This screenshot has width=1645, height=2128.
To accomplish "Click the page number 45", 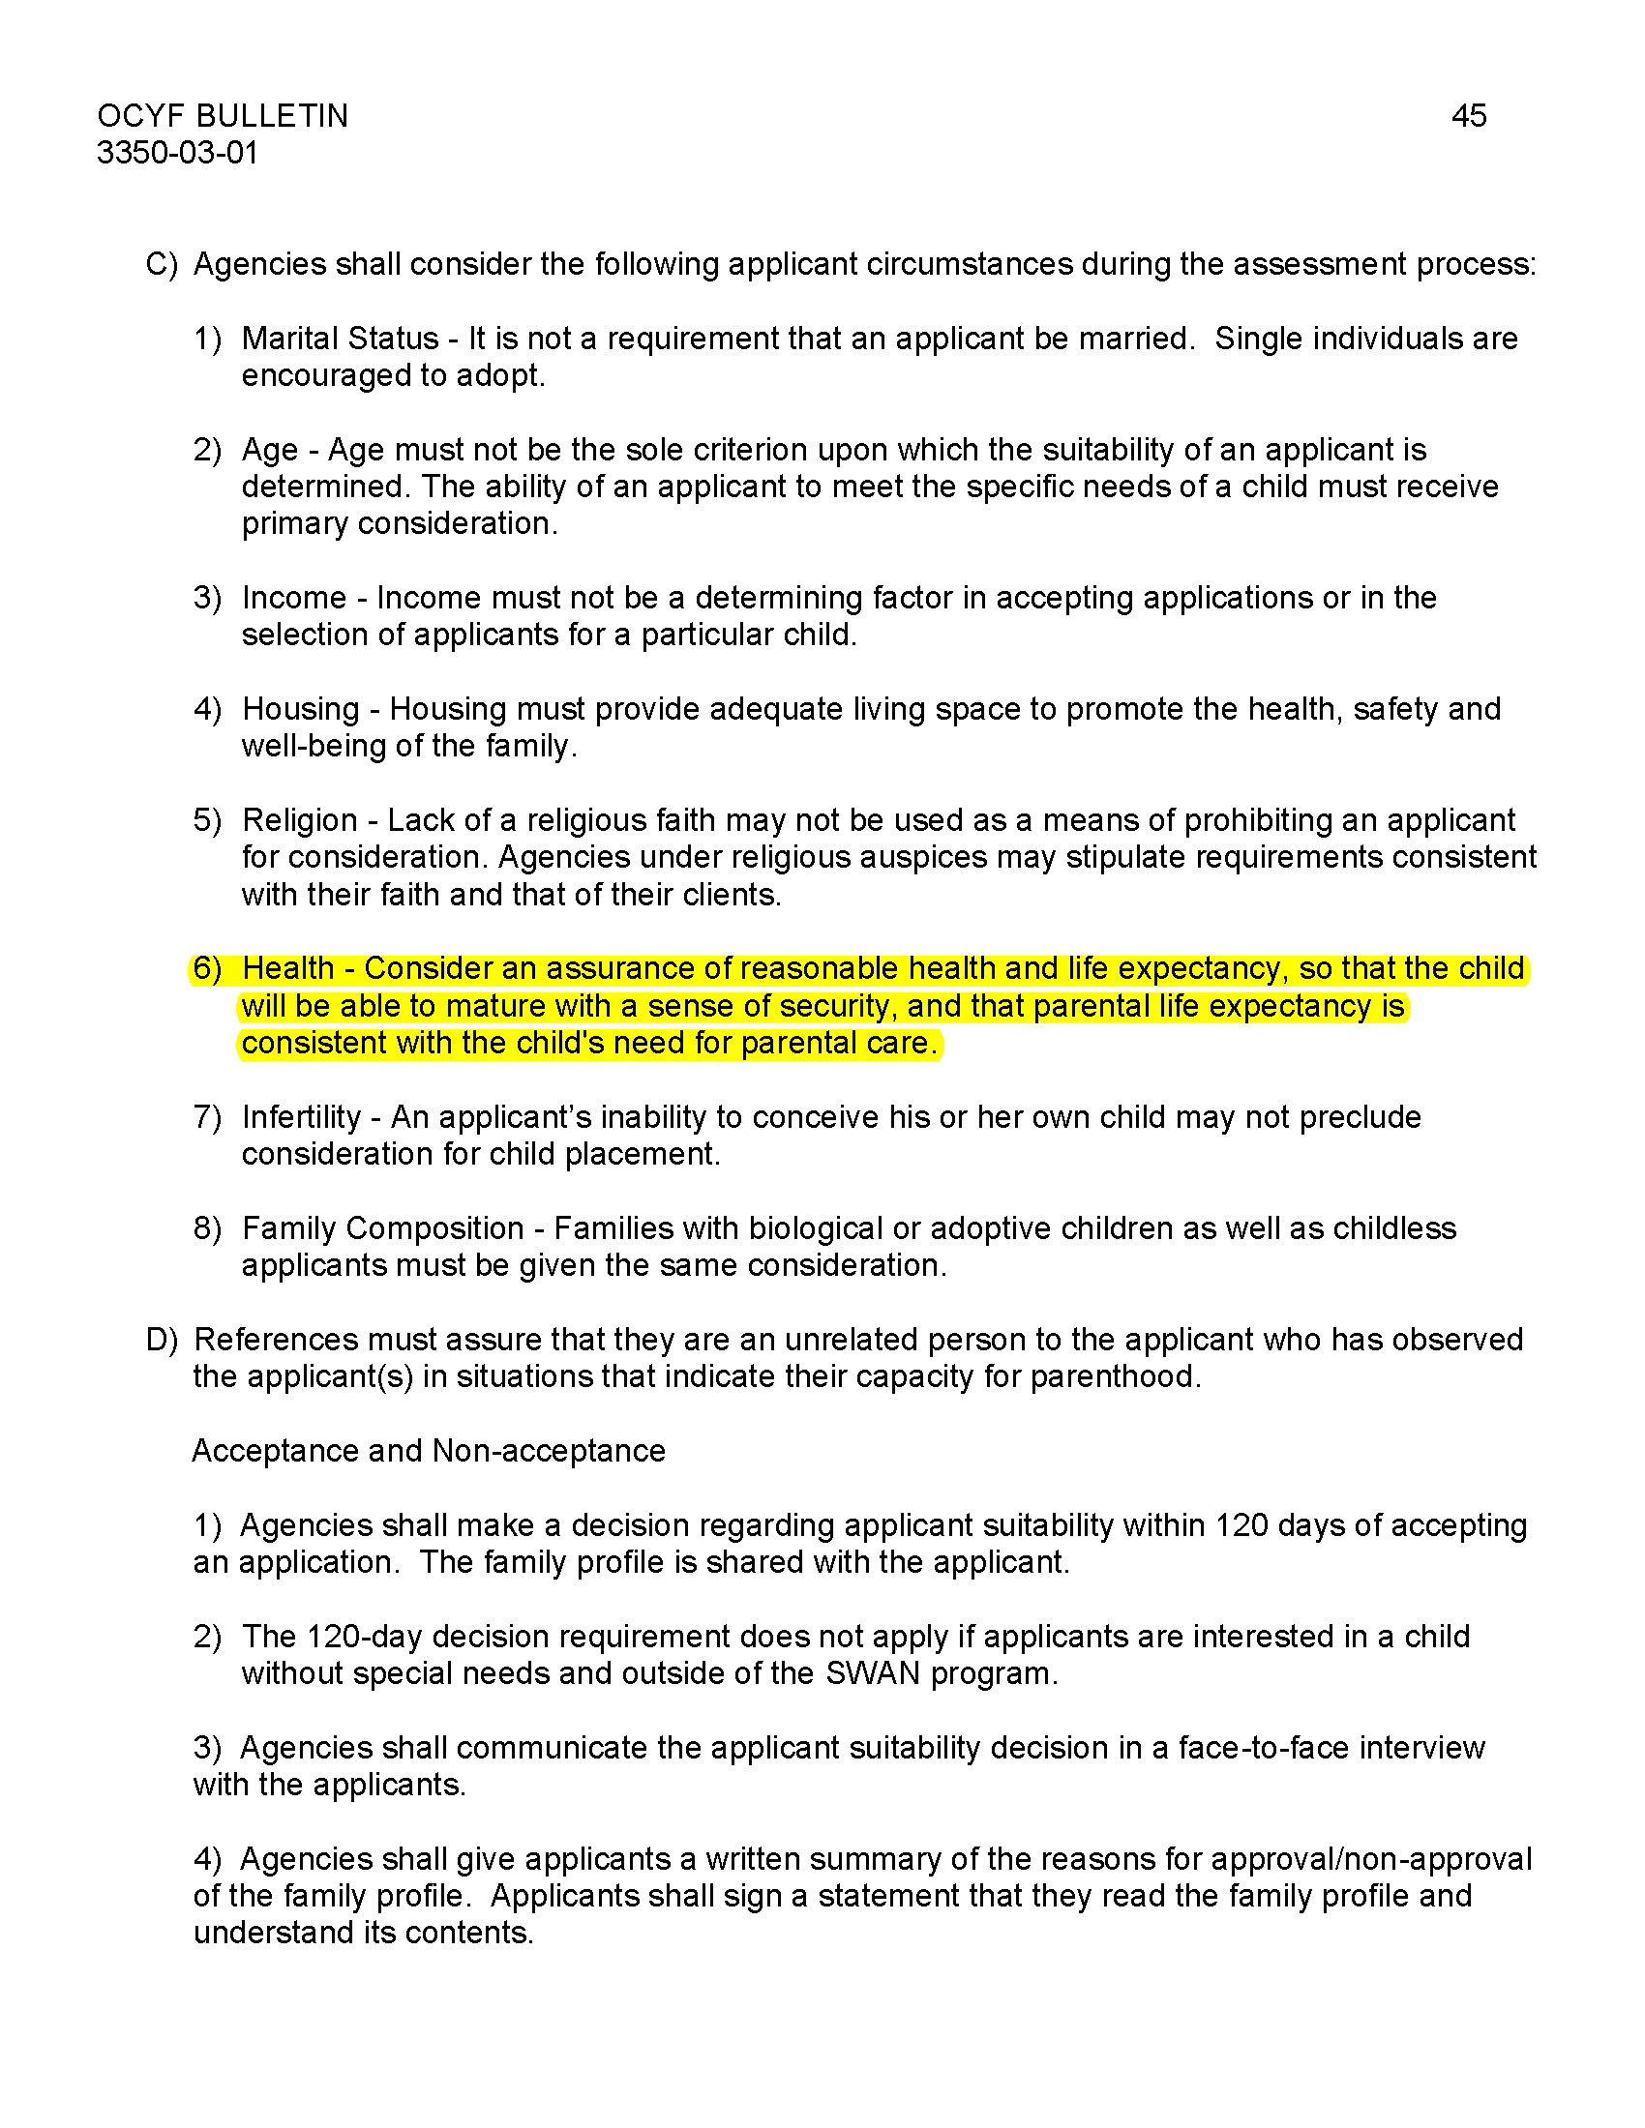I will [1468, 116].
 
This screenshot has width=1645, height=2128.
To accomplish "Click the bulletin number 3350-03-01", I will [177, 153].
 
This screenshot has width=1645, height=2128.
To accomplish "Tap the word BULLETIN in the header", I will [271, 116].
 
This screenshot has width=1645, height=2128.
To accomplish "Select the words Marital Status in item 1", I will [339, 339].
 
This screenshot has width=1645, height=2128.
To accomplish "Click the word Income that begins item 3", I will [294, 597].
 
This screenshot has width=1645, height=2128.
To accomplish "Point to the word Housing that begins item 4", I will [301, 708].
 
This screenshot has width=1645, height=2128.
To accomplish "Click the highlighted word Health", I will [287, 968].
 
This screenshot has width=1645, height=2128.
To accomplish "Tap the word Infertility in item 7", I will [301, 1116].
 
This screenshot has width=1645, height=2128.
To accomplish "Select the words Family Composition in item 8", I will [383, 1228].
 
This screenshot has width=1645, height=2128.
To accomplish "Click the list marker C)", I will [162, 264].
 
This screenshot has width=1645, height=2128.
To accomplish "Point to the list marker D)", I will [162, 1340].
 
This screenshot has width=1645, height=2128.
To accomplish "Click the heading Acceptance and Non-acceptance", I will [429, 1451].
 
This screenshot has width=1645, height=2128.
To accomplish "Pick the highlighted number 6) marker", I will [208, 968].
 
